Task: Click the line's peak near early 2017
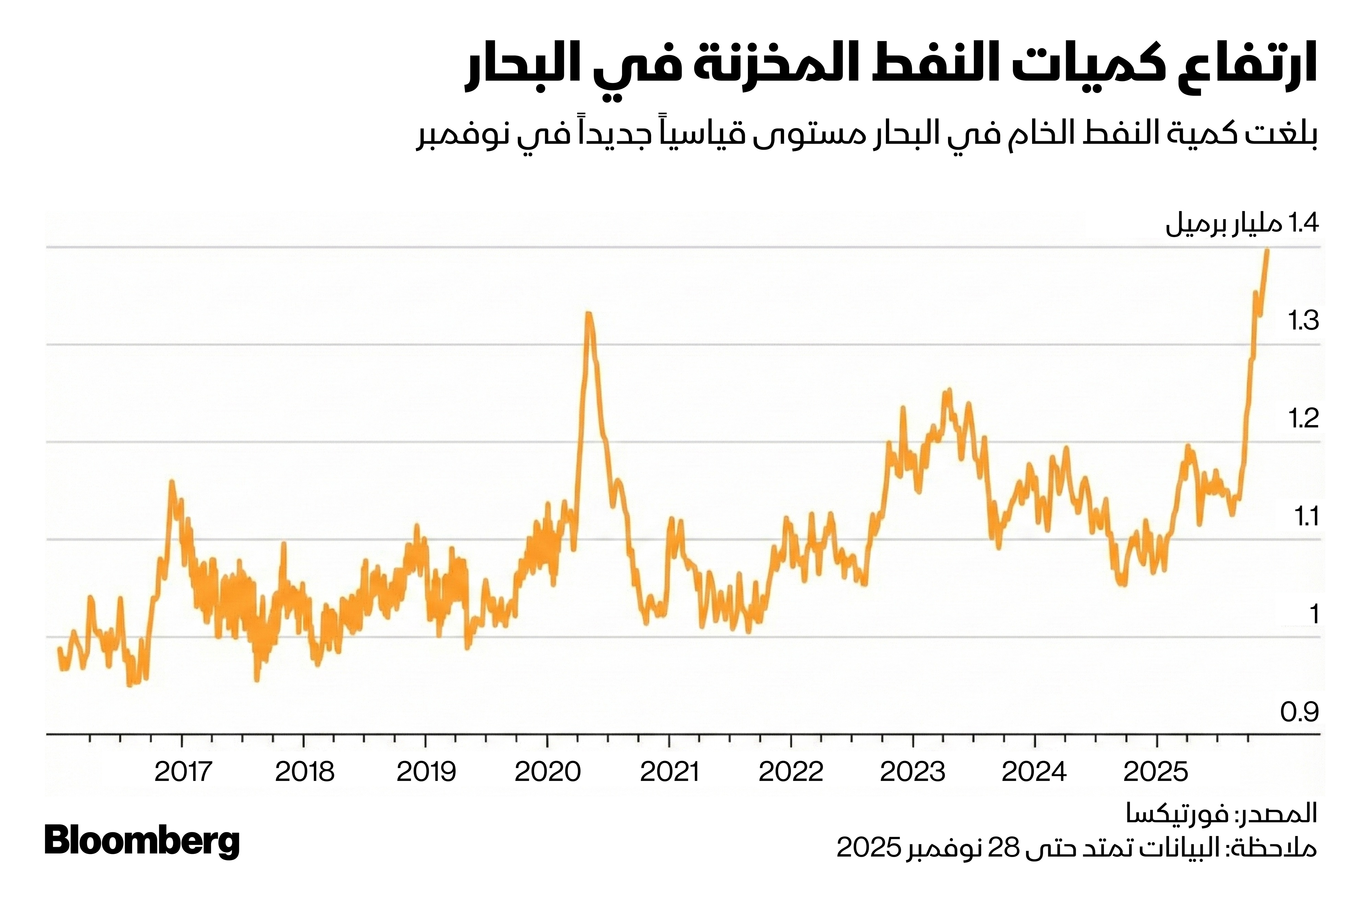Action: click(x=171, y=481)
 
